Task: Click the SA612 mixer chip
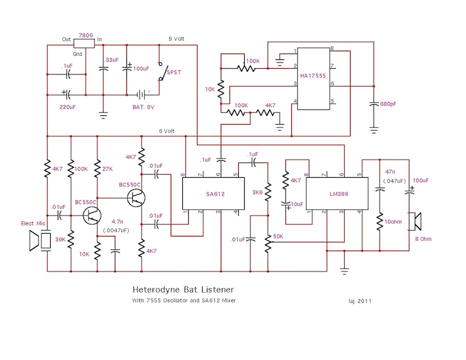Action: [213, 193]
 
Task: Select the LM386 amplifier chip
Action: [337, 193]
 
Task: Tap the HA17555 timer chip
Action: [313, 79]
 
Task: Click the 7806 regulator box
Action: [84, 44]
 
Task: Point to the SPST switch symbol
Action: [162, 71]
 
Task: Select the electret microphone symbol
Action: [40, 241]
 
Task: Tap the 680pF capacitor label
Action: [388, 104]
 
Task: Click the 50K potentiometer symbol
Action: [268, 243]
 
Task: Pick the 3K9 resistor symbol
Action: [268, 192]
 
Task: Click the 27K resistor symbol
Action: [97, 168]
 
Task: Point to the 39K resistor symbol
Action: [70, 239]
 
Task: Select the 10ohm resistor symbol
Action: [380, 221]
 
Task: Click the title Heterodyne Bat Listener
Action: [183, 290]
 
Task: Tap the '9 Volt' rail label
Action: [176, 39]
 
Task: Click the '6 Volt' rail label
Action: [167, 131]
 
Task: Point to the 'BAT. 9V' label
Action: [143, 107]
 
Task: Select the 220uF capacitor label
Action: [68, 107]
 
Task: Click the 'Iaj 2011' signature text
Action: [360, 301]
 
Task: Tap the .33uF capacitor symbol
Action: [103, 69]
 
